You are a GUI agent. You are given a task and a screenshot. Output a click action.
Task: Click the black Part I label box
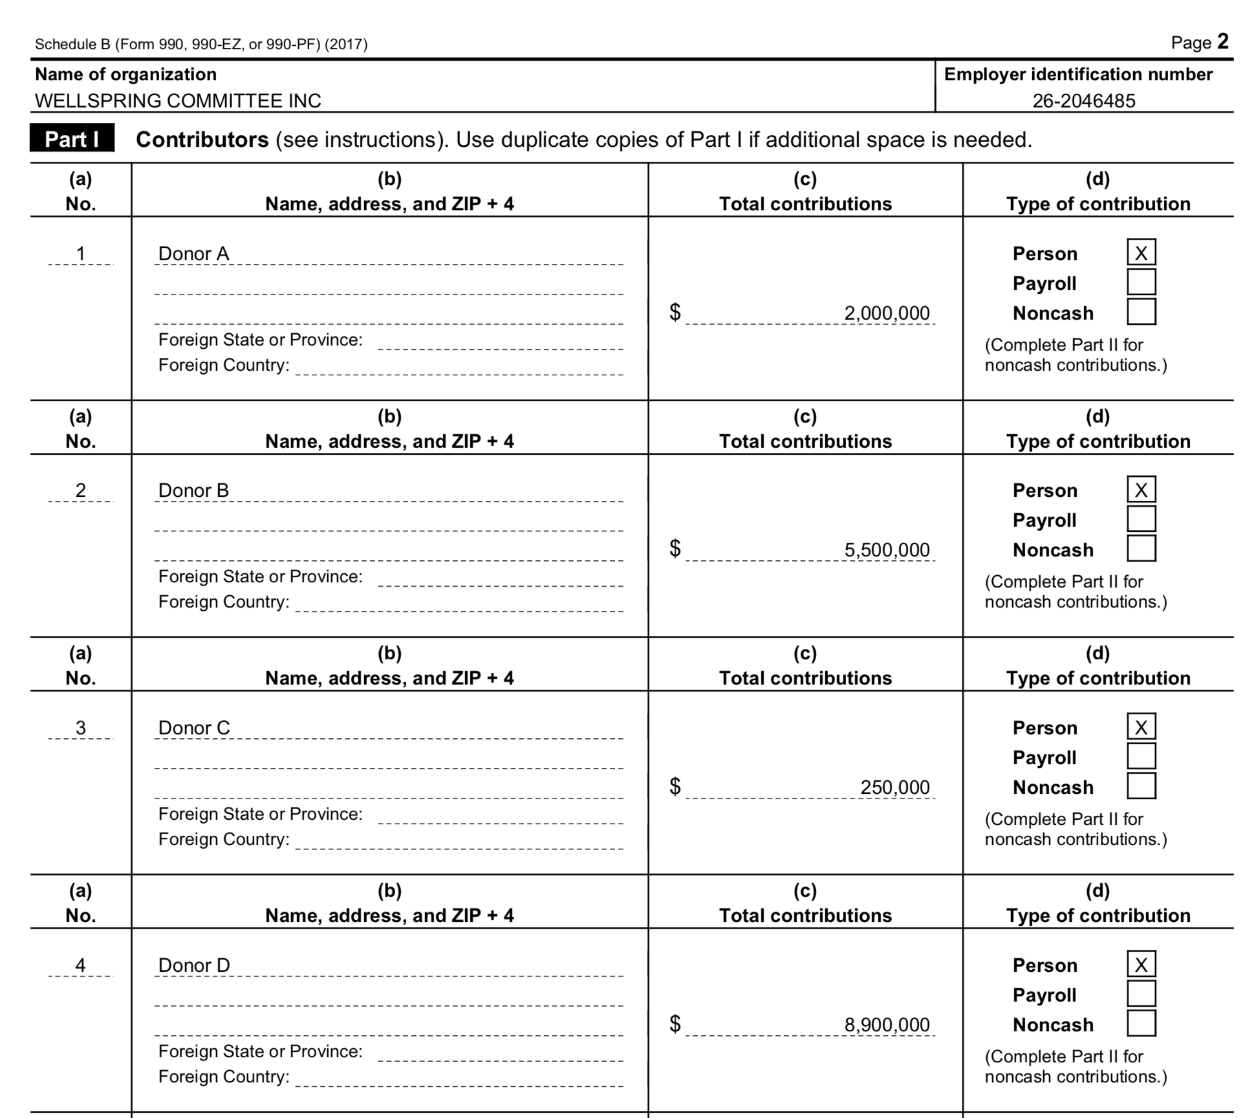click(x=72, y=138)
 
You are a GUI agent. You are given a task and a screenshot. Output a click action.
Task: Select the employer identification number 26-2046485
click(x=1083, y=101)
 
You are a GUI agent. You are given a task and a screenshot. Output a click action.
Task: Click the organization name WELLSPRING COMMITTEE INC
click(x=178, y=101)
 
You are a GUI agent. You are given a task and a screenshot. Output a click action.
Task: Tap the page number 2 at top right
click(x=1222, y=42)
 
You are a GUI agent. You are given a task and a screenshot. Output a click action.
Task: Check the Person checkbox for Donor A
click(x=1141, y=252)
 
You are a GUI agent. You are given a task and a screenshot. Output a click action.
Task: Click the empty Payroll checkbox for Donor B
click(x=1141, y=519)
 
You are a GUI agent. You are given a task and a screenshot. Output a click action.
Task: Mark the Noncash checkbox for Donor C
click(x=1141, y=786)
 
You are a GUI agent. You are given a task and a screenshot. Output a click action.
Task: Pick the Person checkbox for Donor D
click(x=1141, y=965)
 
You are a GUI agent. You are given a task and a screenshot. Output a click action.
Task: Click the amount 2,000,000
click(x=887, y=313)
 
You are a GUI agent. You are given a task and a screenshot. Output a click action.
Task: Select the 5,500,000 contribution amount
click(x=887, y=550)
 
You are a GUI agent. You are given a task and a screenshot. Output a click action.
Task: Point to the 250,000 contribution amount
click(x=894, y=787)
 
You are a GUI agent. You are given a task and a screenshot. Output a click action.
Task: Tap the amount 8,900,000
click(x=887, y=1025)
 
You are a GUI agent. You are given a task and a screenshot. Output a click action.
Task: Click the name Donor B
click(x=193, y=490)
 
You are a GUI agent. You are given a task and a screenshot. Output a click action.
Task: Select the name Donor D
click(x=194, y=965)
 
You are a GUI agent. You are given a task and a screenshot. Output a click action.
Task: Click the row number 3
click(x=80, y=728)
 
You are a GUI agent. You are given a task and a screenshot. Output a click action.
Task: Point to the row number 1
click(x=80, y=254)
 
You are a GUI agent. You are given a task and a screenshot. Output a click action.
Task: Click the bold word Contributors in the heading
click(x=202, y=140)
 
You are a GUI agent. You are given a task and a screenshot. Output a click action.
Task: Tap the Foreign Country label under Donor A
click(x=224, y=365)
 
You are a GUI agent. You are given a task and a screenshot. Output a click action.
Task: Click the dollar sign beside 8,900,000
click(x=675, y=1024)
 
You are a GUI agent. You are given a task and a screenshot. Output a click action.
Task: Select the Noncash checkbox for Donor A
click(x=1141, y=312)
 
